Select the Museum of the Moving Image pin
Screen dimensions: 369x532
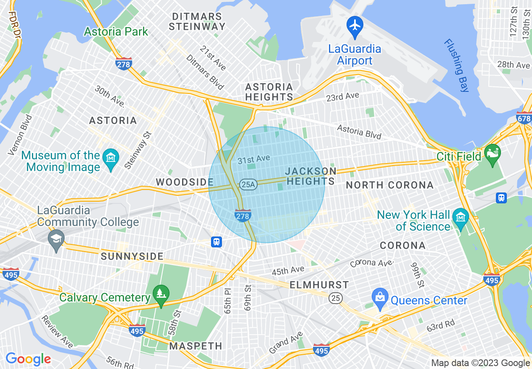111,159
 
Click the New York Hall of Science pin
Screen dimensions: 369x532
461,218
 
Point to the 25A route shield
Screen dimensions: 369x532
248,184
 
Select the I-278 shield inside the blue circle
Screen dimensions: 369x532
243,216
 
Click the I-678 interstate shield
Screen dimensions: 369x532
524,119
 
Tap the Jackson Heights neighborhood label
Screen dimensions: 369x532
310,176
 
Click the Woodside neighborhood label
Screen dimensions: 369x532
185,182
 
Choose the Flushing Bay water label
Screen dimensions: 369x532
456,65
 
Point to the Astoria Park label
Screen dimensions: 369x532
116,31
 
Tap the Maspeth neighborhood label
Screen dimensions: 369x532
196,346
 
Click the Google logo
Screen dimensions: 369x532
28,359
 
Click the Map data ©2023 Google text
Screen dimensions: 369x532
480,363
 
